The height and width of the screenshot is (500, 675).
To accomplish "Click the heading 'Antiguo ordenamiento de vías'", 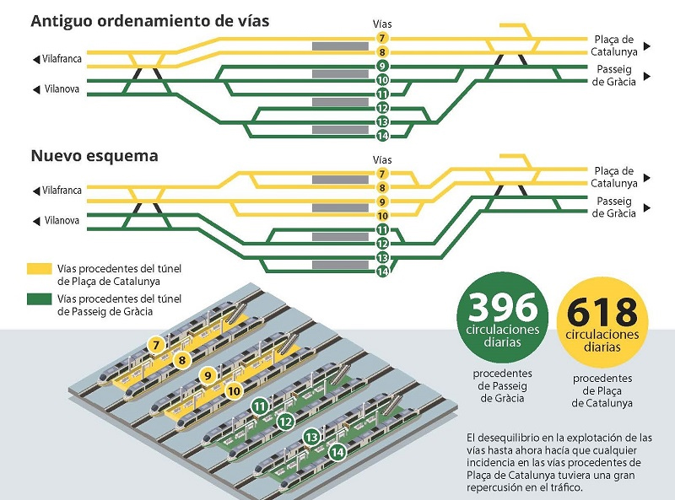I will pos(150,21).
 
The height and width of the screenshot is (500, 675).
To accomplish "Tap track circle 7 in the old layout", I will pos(382,39).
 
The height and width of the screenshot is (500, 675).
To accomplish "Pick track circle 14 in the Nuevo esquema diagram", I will pos(382,271).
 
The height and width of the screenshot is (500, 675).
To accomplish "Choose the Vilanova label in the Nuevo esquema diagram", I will pos(62,221).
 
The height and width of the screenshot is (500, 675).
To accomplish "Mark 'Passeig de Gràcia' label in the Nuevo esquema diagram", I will pos(614,207).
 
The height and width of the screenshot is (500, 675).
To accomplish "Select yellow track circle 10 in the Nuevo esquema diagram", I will pos(382,216).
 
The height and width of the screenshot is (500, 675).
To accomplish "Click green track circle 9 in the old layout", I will pos(382,66).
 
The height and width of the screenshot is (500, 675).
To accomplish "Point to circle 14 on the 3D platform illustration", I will pos(338,451).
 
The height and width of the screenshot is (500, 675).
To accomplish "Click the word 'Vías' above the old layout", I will pos(382,24).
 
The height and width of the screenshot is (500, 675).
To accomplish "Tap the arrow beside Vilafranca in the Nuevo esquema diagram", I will pos(35,191).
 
